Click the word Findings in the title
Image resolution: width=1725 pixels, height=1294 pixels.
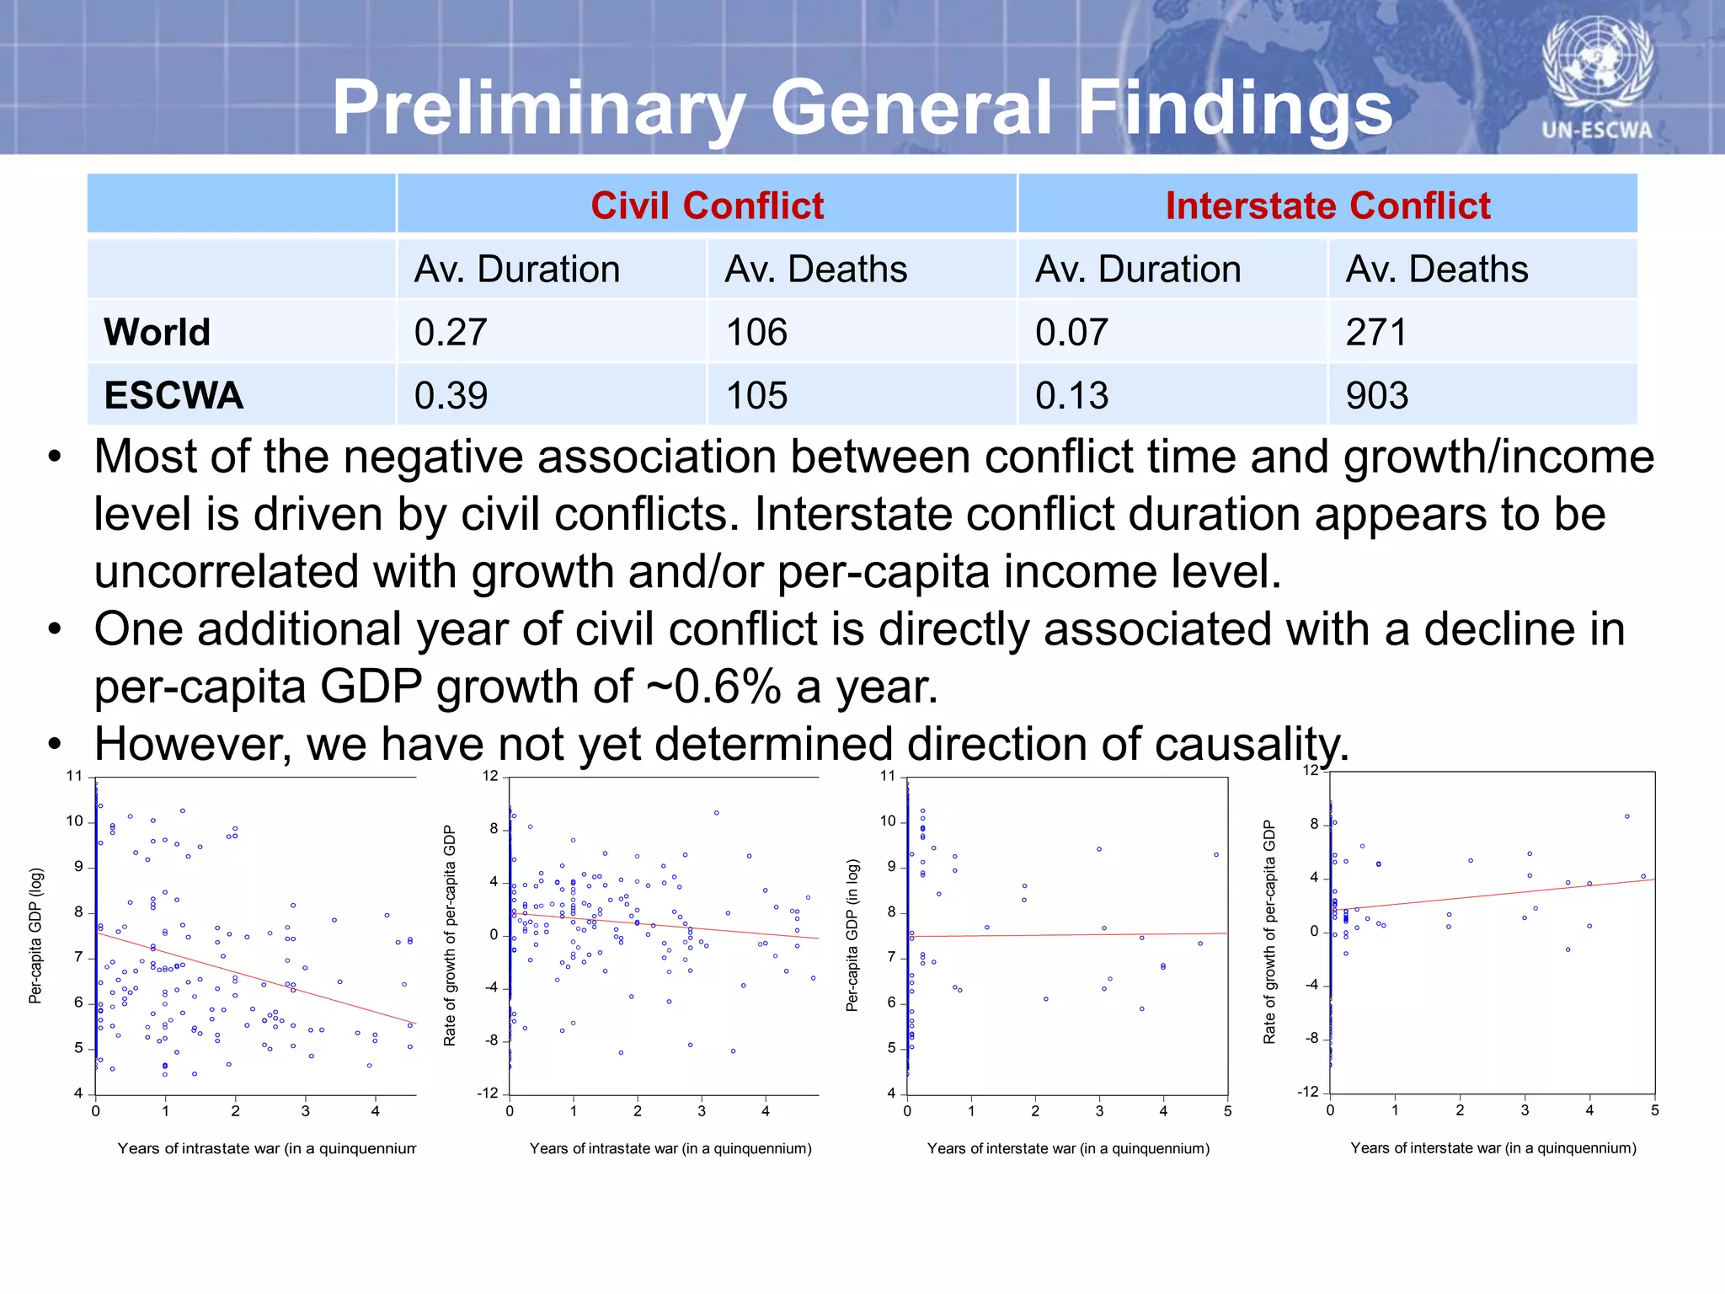click(x=1235, y=108)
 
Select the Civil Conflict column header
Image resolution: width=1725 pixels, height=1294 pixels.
click(x=707, y=206)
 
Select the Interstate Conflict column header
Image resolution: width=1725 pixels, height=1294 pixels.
click(x=1327, y=206)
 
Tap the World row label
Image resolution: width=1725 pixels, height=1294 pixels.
click(x=157, y=332)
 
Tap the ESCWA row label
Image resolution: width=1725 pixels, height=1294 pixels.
click(x=174, y=395)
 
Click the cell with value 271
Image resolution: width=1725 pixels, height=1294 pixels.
click(x=1376, y=332)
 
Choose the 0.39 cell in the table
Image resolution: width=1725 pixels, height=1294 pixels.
click(x=451, y=395)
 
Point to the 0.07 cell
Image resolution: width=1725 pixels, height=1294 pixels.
click(x=1071, y=332)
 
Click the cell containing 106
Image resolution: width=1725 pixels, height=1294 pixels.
click(x=756, y=332)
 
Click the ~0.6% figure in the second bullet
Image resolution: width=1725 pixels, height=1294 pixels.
click(x=713, y=687)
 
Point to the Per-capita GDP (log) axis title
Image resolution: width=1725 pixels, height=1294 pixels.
click(x=35, y=936)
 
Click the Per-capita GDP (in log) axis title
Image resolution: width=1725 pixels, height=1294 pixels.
click(x=852, y=935)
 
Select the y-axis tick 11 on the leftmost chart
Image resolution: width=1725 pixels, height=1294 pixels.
click(x=74, y=776)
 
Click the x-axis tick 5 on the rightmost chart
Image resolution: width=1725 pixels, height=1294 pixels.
click(x=1654, y=1110)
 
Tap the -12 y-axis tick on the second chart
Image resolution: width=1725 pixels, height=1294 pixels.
click(x=488, y=1093)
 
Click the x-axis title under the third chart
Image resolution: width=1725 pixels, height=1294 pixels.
click(x=1068, y=1148)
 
